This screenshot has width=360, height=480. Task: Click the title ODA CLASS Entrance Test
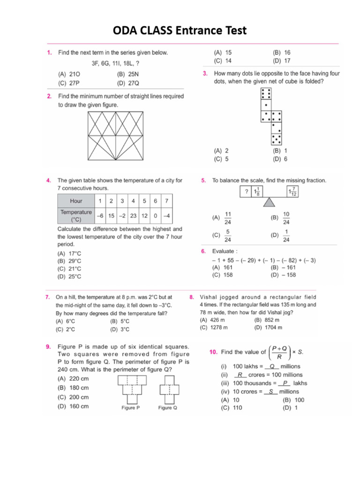180,31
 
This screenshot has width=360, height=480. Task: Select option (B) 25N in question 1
130,74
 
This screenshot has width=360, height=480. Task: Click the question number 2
49,96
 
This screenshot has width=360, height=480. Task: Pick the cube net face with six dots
266,94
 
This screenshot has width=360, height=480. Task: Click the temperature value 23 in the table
133,216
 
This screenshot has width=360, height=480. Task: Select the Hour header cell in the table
75,201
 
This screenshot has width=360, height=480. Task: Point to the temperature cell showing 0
155,216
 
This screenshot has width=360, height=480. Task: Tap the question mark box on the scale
245,191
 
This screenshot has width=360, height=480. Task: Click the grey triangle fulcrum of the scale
269,202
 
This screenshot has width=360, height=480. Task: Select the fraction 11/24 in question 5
228,217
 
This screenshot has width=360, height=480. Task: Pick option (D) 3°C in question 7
120,330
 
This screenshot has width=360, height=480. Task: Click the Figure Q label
168,408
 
